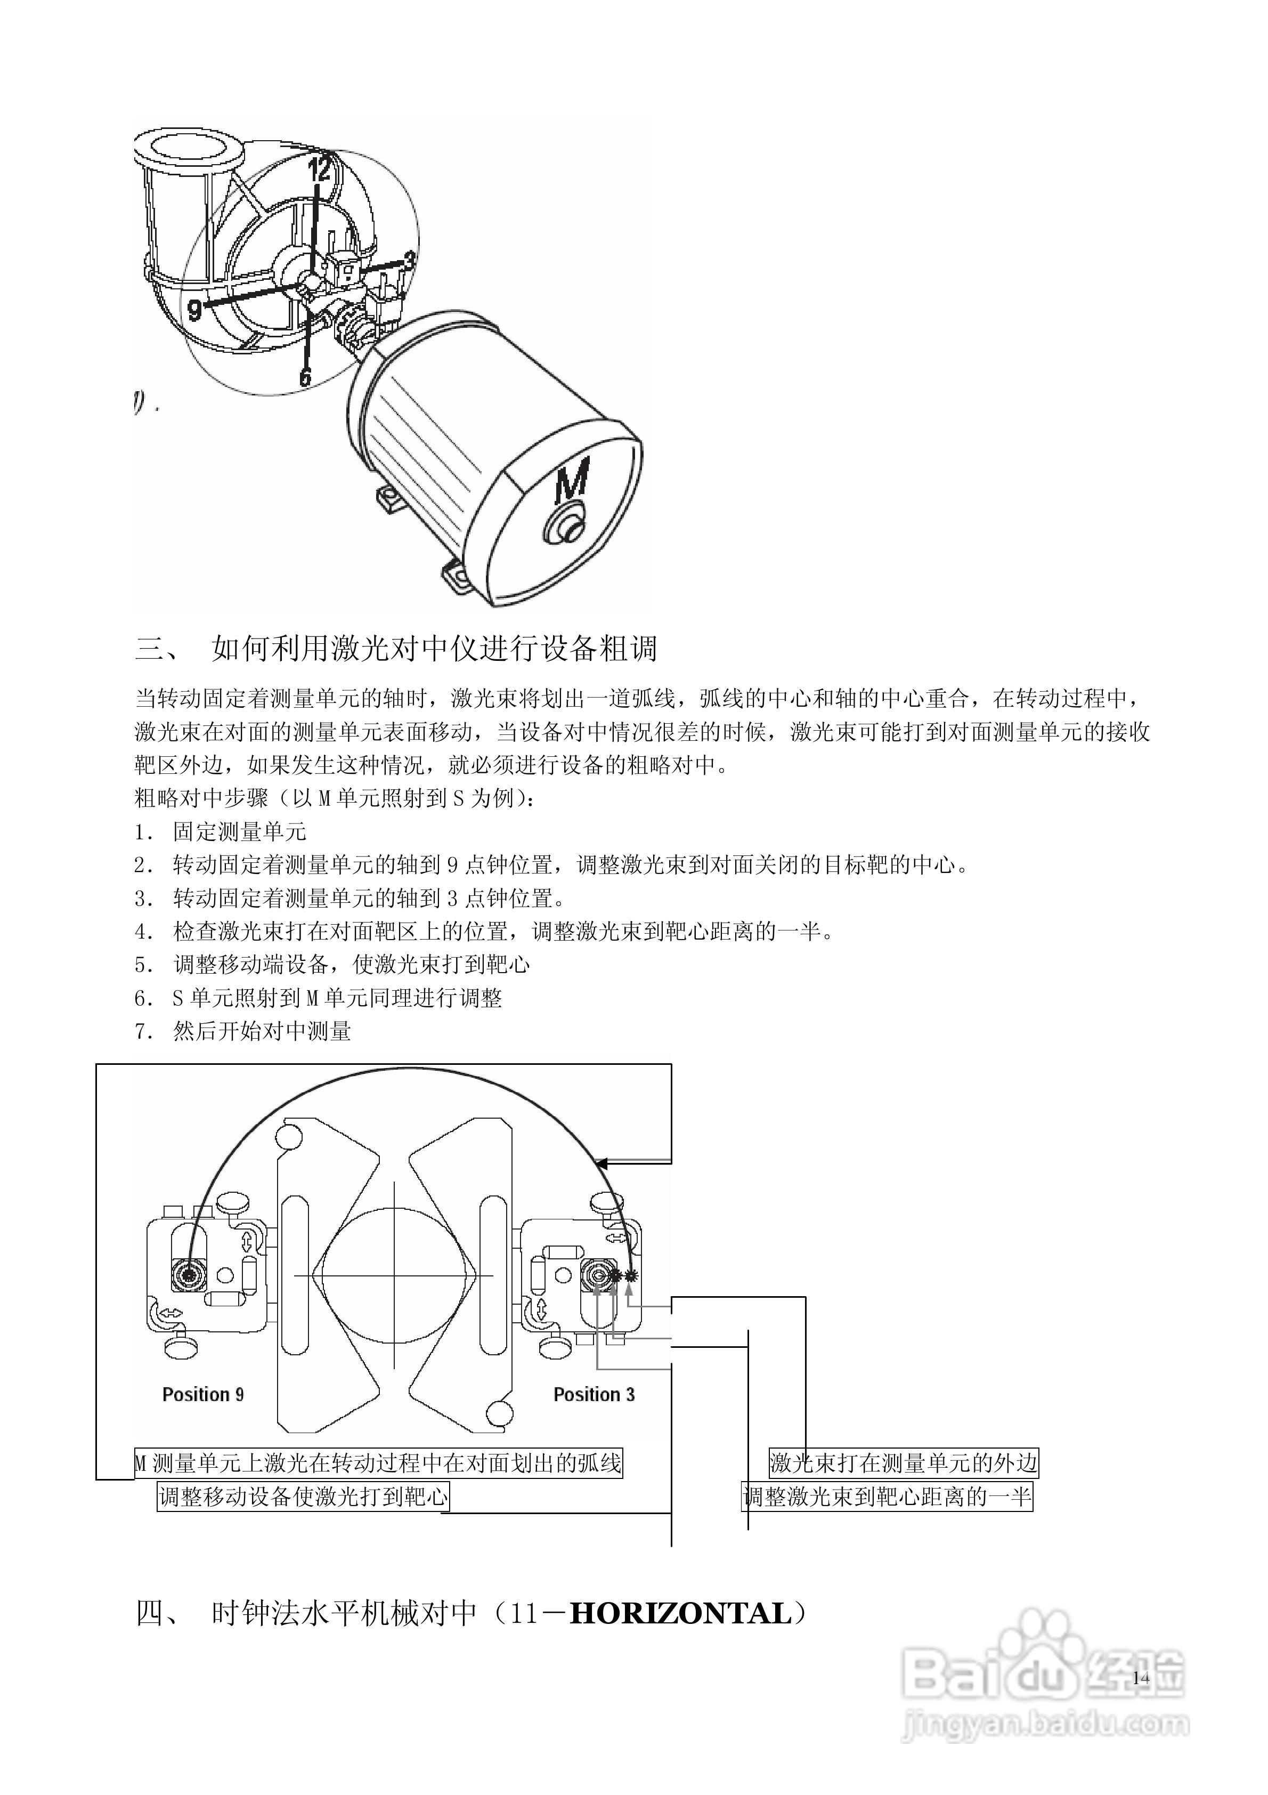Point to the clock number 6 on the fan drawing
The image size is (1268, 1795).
pos(305,376)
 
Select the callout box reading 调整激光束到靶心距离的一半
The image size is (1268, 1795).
pos(887,1497)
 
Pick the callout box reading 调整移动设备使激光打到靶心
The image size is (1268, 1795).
pos(303,1497)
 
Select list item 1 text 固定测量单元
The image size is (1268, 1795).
pos(239,832)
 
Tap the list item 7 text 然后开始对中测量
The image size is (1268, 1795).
pos(262,1032)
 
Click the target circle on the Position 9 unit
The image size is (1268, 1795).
pos(188,1276)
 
